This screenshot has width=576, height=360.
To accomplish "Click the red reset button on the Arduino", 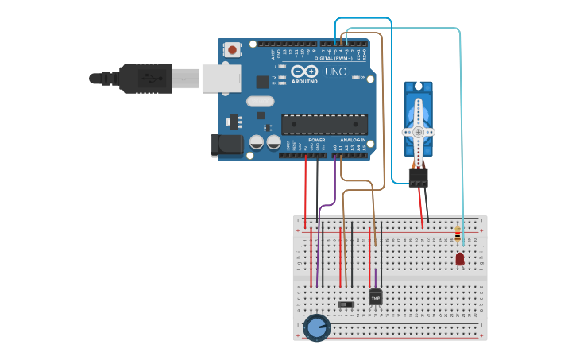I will pos(232,49).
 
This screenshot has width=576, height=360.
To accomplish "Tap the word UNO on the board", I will pos(335,72).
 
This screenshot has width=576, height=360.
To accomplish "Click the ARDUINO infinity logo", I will pos(304,72).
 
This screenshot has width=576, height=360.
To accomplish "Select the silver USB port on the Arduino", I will pos(221,78).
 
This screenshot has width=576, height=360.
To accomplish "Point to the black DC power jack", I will pos(226,145).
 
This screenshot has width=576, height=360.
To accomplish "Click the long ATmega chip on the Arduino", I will pos(324,125).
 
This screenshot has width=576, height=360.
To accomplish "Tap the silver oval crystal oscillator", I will pos(260,101).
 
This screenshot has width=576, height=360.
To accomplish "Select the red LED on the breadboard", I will pos(460,258).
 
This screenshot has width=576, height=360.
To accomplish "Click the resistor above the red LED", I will pos(458,234).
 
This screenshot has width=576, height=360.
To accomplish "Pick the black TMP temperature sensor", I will pos(376,296).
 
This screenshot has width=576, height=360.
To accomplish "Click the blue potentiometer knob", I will pos(316,327).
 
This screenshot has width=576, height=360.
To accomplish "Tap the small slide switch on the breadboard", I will pos(346,304).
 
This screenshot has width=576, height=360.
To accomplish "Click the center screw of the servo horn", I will pos(418,132).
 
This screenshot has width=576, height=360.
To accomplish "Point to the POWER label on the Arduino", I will pos(316,140).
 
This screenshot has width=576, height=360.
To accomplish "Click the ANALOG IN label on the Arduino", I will pos(353,140).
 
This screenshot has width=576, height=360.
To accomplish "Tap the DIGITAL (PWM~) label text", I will pos(334,58).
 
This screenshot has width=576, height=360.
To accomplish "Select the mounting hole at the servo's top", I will pos(418,87).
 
